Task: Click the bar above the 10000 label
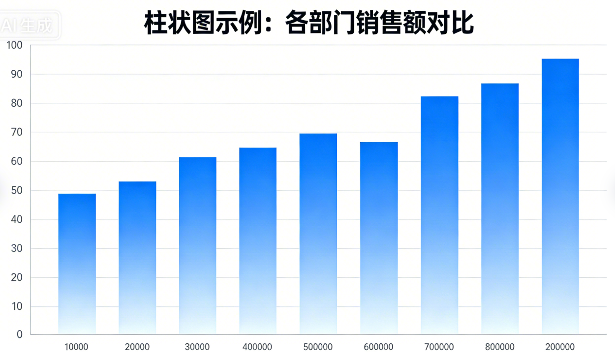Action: (77, 264)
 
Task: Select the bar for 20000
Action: (137, 258)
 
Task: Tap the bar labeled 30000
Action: (197, 245)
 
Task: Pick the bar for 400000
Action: (258, 240)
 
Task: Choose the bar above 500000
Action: (318, 234)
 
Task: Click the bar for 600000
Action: (379, 238)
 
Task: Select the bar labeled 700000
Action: (439, 215)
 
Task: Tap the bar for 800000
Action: (500, 209)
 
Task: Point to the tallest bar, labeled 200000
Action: (560, 196)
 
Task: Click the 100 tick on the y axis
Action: (15, 46)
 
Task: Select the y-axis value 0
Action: (20, 335)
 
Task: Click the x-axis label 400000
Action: (257, 347)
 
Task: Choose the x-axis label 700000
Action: (439, 347)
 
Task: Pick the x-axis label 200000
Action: (560, 347)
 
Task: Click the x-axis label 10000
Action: (77, 347)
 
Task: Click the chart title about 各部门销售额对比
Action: (309, 23)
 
